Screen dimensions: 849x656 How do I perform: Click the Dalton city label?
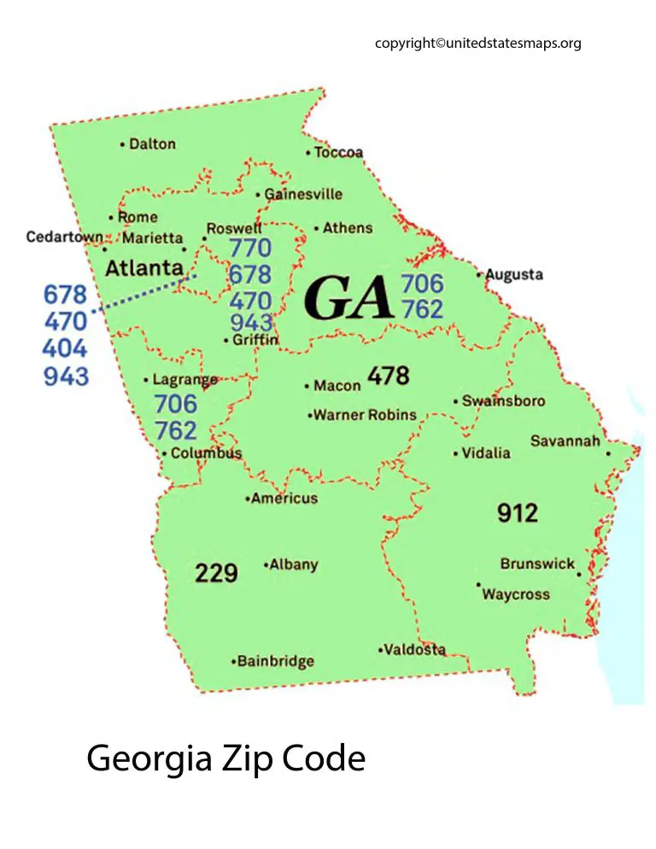tap(152, 144)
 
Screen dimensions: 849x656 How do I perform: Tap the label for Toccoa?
tap(338, 153)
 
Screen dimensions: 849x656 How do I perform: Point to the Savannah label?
tap(565, 441)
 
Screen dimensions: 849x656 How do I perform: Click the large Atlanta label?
tap(143, 268)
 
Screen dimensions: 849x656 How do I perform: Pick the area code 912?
tap(518, 512)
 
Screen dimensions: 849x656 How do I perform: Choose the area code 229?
tap(216, 573)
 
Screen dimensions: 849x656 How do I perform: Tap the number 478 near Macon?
tap(389, 375)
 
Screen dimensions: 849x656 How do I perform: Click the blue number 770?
tap(250, 249)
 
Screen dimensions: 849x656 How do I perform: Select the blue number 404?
tap(66, 348)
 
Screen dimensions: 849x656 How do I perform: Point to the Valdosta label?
tap(414, 650)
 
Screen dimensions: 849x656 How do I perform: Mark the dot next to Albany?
tap(266, 565)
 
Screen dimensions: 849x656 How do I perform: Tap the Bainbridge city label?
tap(276, 661)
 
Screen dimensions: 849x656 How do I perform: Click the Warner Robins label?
tap(365, 415)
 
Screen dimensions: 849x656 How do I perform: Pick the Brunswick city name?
tap(537, 565)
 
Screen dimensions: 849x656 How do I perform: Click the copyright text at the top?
tap(477, 43)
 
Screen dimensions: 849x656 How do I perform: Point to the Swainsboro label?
tap(503, 401)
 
